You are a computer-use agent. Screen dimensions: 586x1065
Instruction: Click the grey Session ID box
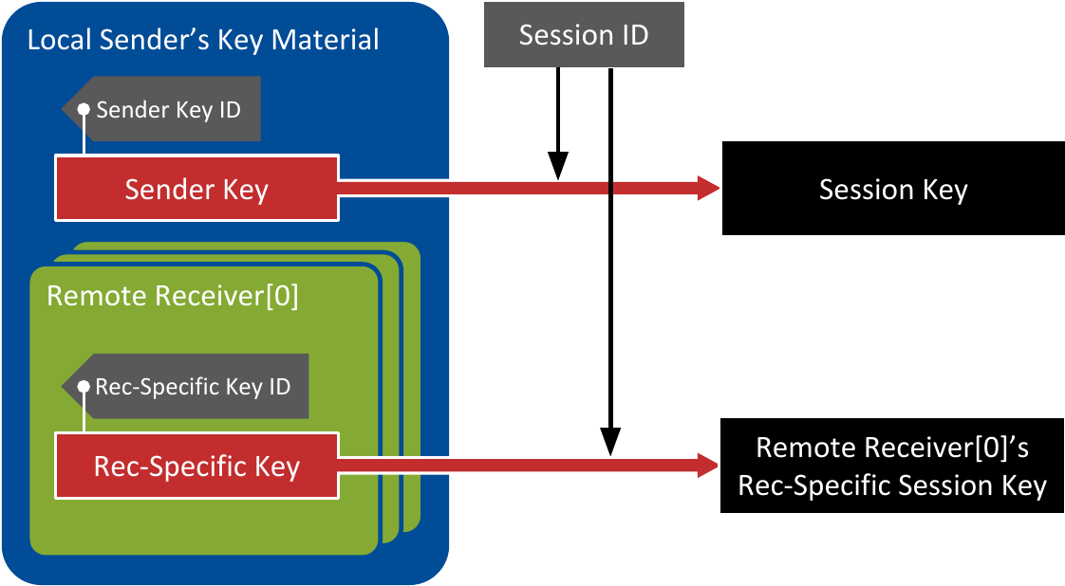click(x=584, y=35)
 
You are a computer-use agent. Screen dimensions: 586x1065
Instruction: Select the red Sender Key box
click(x=196, y=189)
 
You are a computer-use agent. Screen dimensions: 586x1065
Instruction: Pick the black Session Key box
click(x=893, y=189)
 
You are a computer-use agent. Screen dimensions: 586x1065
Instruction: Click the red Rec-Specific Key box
click(x=196, y=466)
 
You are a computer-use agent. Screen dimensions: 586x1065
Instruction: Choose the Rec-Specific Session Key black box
click(x=892, y=466)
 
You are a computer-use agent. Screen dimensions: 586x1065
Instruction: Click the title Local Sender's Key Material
click(x=203, y=41)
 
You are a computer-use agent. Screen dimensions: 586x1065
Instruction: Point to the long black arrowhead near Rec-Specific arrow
click(x=610, y=441)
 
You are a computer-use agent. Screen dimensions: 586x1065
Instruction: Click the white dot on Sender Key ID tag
click(x=84, y=109)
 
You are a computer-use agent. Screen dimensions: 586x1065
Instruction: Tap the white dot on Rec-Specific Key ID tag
click(x=84, y=387)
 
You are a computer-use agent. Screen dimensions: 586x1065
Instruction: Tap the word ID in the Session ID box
click(x=633, y=35)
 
